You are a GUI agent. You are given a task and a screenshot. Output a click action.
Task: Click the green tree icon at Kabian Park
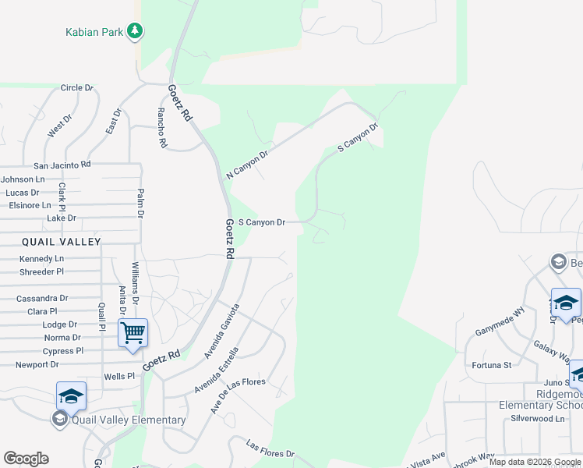[136, 30]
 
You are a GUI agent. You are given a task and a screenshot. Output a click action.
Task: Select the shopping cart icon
[132, 333]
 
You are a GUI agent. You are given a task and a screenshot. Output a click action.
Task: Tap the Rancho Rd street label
[162, 127]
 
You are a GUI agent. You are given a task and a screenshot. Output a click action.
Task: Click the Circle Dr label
[76, 88]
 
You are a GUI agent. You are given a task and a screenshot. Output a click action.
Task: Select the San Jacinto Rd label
[62, 165]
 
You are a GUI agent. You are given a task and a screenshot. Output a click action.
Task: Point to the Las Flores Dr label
[270, 448]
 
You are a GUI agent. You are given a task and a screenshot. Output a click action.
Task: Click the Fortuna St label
[491, 364]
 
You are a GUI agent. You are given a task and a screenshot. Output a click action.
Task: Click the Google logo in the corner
[26, 459]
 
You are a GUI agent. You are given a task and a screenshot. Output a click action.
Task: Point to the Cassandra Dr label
[42, 298]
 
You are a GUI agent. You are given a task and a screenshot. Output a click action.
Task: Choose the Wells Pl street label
[119, 376]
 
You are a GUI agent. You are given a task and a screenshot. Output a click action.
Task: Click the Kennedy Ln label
[42, 258]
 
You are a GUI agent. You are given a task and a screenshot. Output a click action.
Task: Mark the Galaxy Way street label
[552, 352]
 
